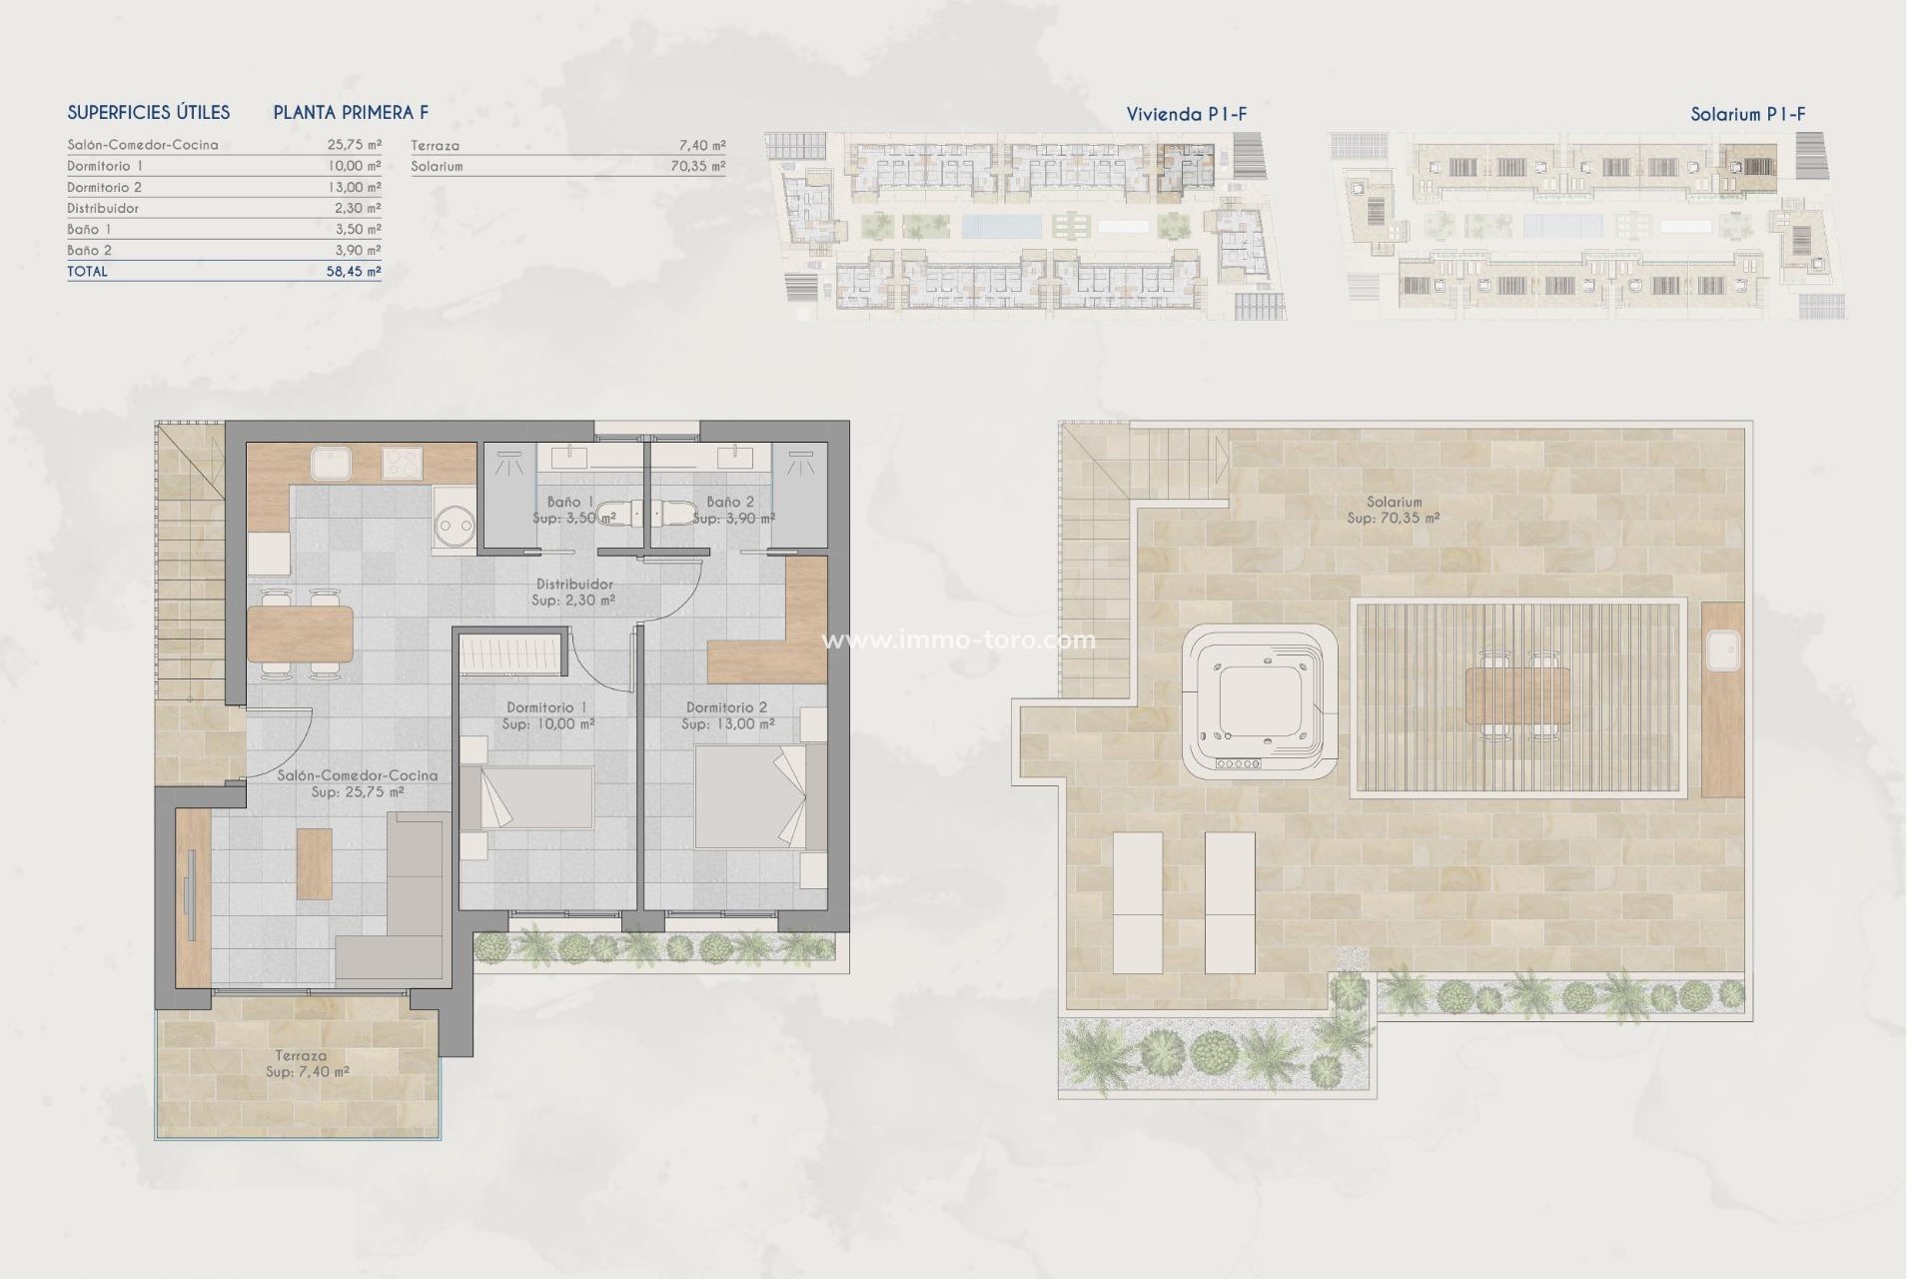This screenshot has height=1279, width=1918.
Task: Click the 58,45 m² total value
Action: pos(354,271)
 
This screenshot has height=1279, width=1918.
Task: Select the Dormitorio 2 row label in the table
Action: pos(105,187)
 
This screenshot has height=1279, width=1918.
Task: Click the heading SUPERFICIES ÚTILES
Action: pos(149,113)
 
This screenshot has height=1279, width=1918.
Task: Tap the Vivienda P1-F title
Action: pos(1186,114)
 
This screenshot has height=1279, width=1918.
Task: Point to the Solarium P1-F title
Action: pos(1747,114)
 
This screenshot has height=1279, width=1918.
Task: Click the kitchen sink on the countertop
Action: pos(329,464)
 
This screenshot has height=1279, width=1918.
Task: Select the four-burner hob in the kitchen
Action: pos(403,464)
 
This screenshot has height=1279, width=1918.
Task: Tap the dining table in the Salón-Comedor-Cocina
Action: pos(300,636)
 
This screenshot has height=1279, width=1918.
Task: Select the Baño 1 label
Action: pos(571,502)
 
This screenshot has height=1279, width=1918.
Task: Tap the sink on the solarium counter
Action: pos(1723,650)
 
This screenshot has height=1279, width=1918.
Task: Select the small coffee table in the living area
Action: pos(315,863)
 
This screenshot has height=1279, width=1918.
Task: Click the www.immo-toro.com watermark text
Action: pos(958,640)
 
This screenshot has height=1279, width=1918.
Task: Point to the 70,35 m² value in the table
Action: pos(697,166)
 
